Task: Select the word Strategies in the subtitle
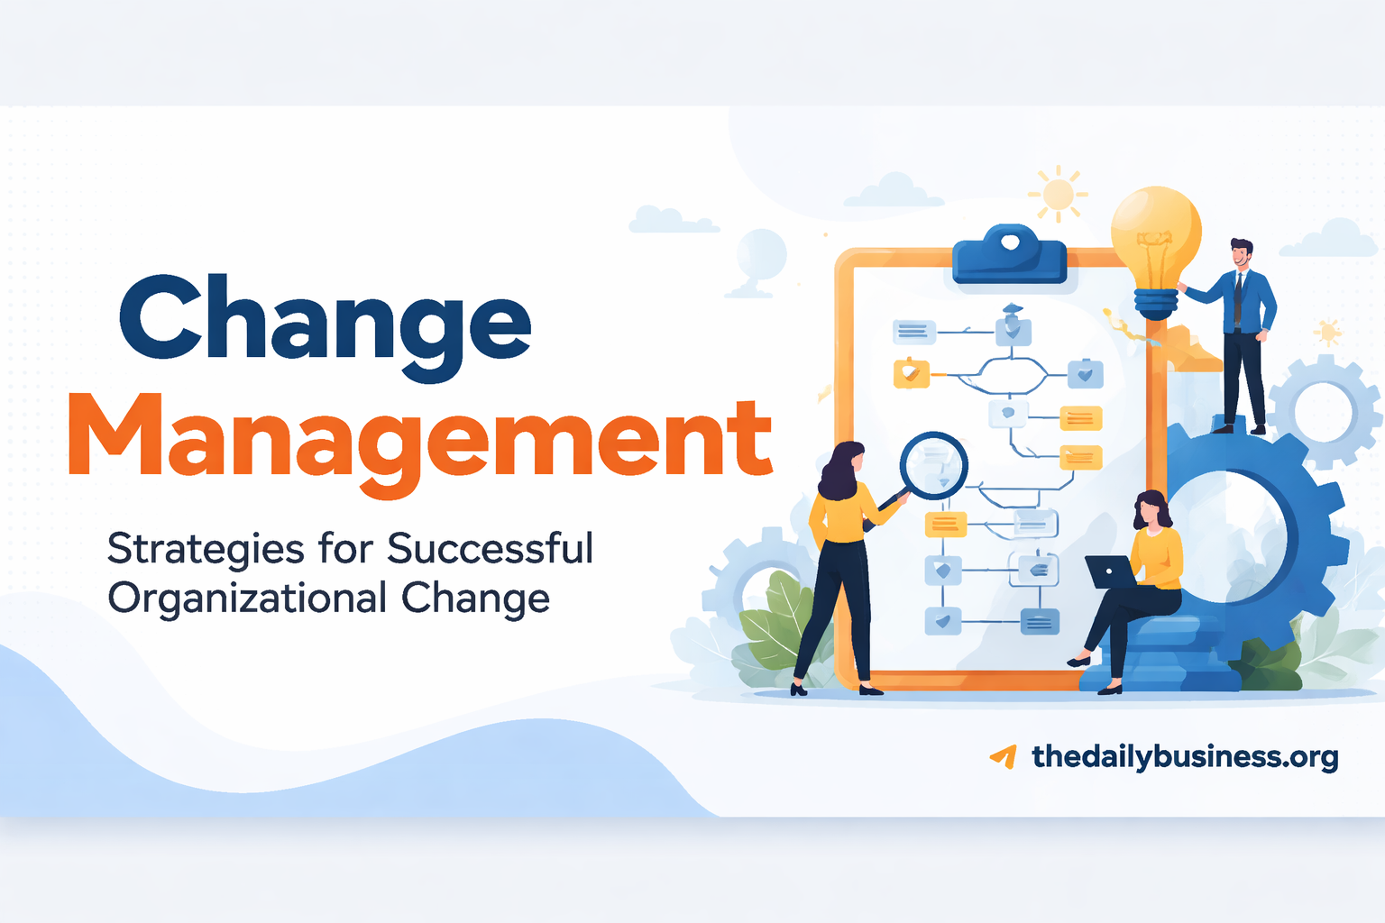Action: (x=206, y=549)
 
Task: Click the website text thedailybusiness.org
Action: (x=1185, y=756)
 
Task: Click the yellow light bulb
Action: (x=1155, y=235)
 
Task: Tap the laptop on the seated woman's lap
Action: (x=1110, y=571)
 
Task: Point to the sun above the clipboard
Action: (x=1058, y=194)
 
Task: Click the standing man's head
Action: (x=1241, y=252)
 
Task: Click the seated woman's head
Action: (x=1151, y=510)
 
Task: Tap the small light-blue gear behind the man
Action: (x=1325, y=411)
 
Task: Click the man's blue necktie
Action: (x=1239, y=297)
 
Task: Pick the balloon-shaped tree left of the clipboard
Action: (x=761, y=257)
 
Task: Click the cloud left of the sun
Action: (x=890, y=191)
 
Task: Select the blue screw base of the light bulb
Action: (x=1156, y=302)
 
